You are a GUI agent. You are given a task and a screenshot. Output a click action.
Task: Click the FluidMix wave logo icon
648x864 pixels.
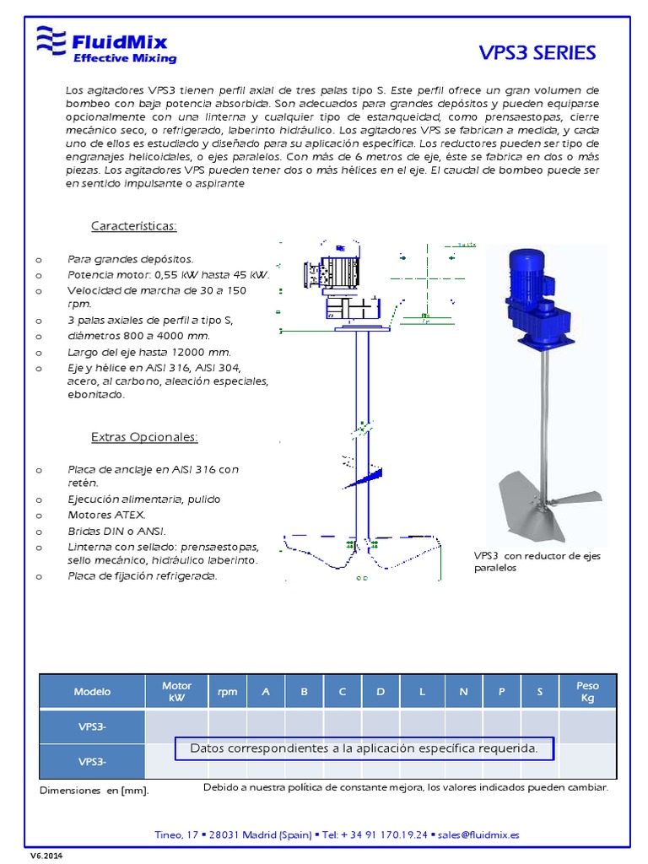click(51, 41)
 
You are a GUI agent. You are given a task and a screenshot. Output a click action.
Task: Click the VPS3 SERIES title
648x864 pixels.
click(537, 53)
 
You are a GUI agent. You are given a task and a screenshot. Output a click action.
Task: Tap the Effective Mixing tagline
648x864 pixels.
click(125, 58)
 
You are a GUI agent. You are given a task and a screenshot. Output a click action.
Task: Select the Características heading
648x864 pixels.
click(133, 226)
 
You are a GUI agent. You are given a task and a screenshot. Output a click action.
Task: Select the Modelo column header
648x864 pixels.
click(93, 692)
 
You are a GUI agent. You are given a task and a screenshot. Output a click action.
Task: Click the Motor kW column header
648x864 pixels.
click(176, 692)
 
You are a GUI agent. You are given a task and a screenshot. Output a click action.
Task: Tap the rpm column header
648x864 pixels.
click(227, 692)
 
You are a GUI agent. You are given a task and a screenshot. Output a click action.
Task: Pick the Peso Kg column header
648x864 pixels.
click(587, 692)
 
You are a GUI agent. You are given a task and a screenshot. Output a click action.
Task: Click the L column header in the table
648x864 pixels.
click(422, 692)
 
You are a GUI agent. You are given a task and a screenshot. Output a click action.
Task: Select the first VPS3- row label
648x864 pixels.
click(93, 726)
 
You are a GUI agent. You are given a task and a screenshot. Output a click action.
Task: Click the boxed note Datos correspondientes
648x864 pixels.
click(364, 748)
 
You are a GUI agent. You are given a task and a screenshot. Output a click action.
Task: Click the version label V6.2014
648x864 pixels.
click(47, 856)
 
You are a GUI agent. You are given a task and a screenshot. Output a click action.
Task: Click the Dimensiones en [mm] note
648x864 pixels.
click(94, 791)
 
